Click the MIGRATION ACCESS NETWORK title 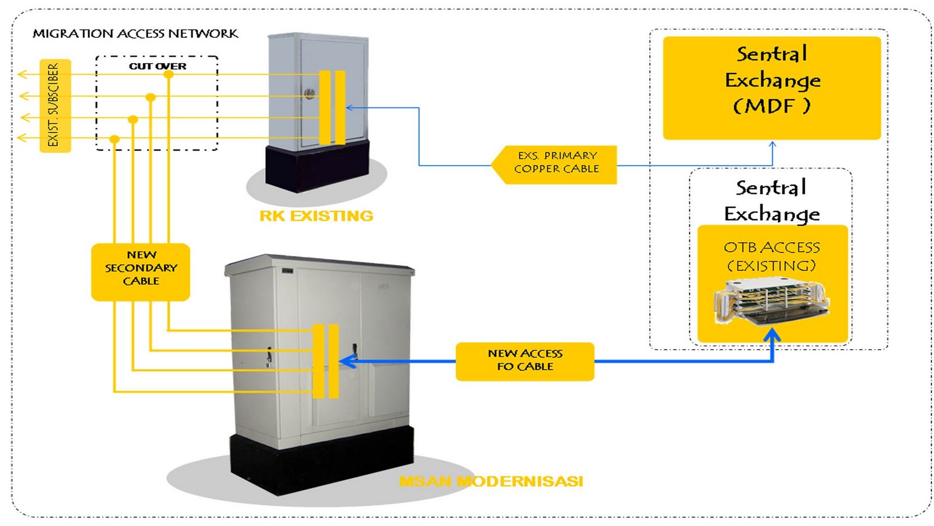coord(135,34)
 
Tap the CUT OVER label coord(158,67)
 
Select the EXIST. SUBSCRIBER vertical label coord(54,106)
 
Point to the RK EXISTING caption coord(316,216)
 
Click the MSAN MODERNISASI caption coord(491,482)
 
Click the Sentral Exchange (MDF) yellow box coord(772,88)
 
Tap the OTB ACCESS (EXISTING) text coord(772,256)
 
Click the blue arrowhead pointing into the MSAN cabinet coord(346,362)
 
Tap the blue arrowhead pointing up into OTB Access coord(772,335)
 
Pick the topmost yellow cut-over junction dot coord(168,75)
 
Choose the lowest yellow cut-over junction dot coord(114,139)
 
